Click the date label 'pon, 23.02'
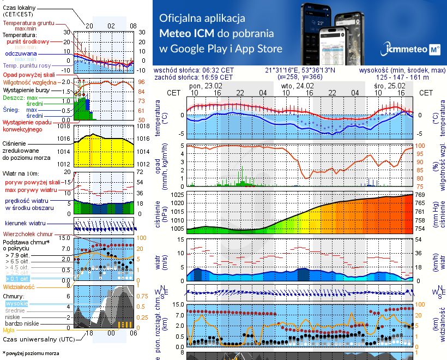pos(206,86)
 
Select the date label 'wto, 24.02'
pos(298,86)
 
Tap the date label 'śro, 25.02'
pos(390,86)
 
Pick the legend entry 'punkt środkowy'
pos(28,41)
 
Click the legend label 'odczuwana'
pos(21,54)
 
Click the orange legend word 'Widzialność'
pos(19,286)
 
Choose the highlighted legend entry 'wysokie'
pos(16,303)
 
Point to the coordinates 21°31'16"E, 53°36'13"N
pos(301,70)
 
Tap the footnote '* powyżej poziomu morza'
pos(31,353)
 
